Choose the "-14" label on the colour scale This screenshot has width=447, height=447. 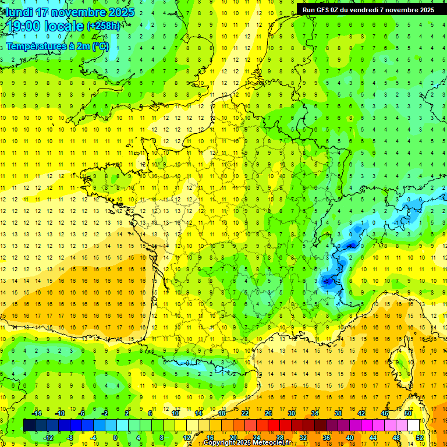(x=37, y=413)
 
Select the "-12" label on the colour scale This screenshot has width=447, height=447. (x=48, y=437)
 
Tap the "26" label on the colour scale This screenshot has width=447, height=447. (x=268, y=413)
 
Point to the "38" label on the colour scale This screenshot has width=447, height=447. (x=338, y=413)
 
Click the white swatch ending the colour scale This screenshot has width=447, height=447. (x=413, y=425)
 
